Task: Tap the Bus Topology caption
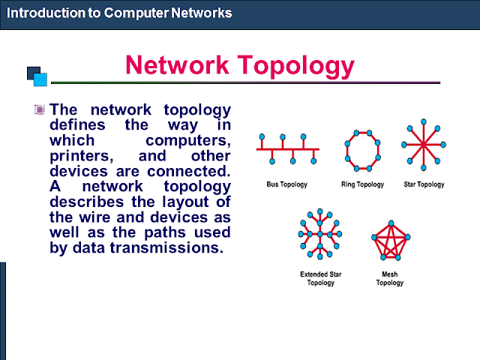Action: coord(286,184)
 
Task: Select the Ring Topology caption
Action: coord(364,184)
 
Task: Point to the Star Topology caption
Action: coord(424,184)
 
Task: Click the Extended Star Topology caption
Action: coord(321,279)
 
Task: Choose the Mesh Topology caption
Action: coord(390,279)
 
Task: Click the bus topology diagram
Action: coord(287,149)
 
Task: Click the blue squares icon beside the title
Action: coord(37,76)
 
